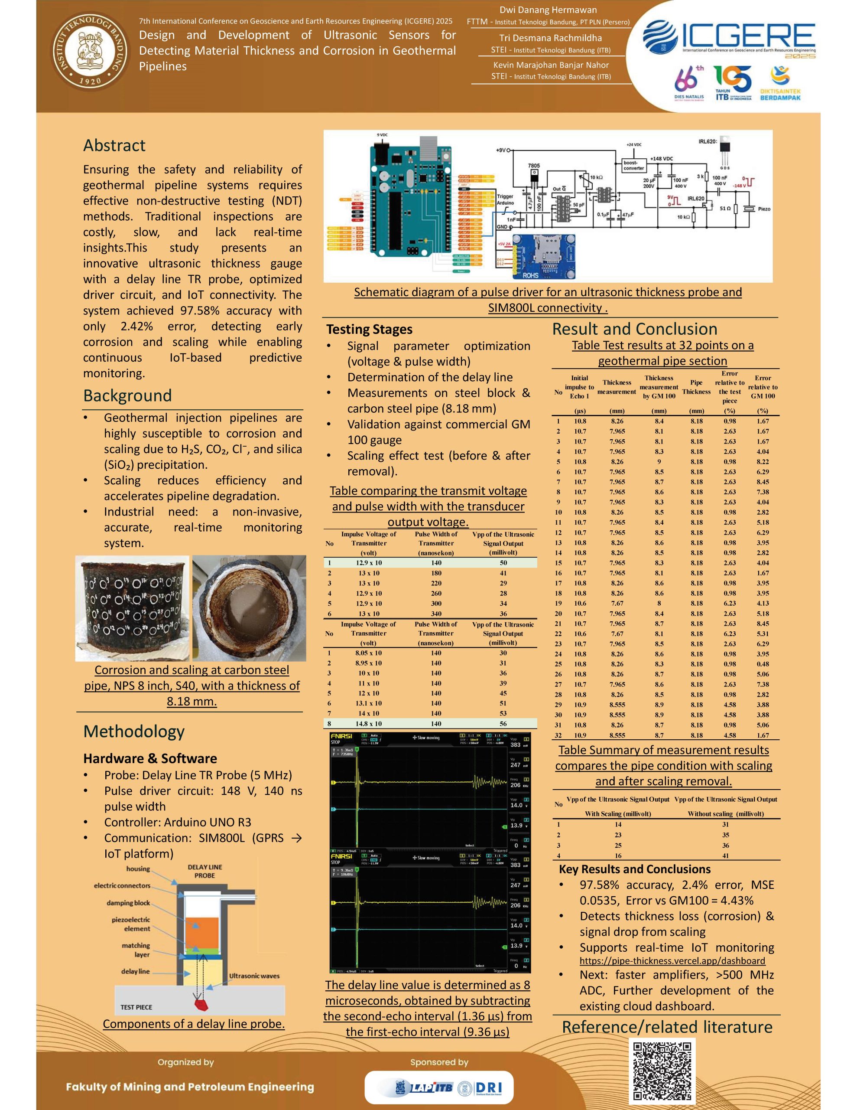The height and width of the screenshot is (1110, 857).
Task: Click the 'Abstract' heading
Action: [114, 146]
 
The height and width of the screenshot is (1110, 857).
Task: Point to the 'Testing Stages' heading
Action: [369, 330]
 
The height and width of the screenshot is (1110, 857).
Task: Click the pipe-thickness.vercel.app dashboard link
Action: [672, 960]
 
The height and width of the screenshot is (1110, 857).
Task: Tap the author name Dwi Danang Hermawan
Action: [548, 10]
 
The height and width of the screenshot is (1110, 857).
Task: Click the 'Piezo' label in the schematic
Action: [763, 209]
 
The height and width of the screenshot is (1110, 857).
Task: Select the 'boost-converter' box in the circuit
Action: [633, 165]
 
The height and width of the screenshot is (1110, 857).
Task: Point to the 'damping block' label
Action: [128, 903]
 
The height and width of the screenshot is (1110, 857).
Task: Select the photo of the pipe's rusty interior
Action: [249, 608]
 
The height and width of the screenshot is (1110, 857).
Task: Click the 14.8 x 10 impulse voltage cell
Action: [369, 724]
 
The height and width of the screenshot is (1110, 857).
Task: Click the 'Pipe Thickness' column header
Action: [696, 387]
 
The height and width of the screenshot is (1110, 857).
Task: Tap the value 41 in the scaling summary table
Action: [725, 856]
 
